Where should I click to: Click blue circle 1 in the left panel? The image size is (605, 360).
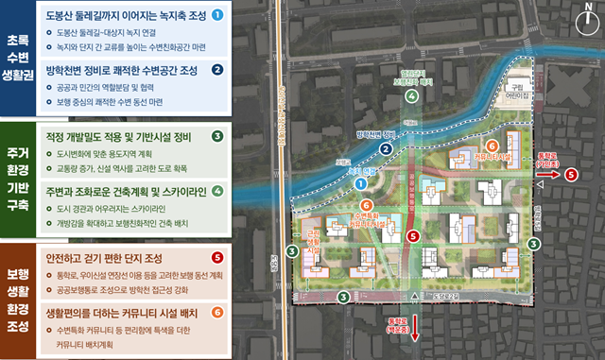[x=217, y=15]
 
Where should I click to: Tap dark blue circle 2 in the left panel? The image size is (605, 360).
[x=217, y=69]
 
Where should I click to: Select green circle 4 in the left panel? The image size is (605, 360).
[x=217, y=190]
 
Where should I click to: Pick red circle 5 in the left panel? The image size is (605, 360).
[x=217, y=257]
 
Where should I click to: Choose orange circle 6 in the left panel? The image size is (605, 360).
[x=217, y=311]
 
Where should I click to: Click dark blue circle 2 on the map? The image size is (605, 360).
[x=386, y=148]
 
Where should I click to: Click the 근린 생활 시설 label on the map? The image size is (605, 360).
[x=314, y=244]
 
